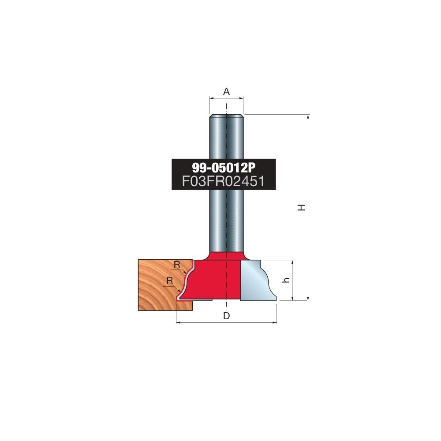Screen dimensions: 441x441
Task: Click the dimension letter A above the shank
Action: [x=226, y=91]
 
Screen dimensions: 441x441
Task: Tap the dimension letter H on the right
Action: [x=302, y=208]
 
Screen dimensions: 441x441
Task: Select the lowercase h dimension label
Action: [x=287, y=280]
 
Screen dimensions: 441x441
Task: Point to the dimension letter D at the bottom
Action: [x=226, y=316]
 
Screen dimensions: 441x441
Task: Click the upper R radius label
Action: [x=177, y=265]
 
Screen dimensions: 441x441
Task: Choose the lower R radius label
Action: [x=170, y=280]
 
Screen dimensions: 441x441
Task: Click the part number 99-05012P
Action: [x=224, y=168]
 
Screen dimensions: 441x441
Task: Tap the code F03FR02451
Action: [x=224, y=181]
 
